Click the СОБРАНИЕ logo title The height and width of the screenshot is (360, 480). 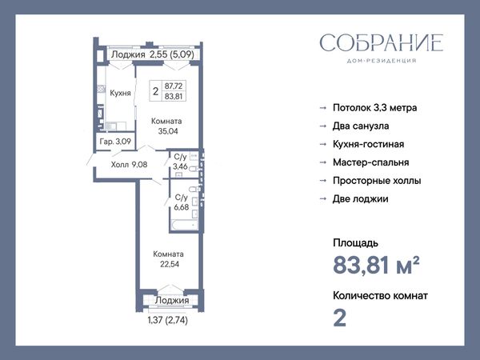click(x=382, y=43)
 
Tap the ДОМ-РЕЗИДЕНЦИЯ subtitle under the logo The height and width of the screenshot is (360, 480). click(x=382, y=61)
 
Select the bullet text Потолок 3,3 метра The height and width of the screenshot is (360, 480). click(x=374, y=108)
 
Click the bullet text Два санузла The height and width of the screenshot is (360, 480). click(x=361, y=126)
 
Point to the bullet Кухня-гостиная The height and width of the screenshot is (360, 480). click(x=369, y=144)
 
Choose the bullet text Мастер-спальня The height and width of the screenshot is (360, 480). click(x=371, y=162)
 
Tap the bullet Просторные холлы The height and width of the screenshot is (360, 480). click(x=377, y=181)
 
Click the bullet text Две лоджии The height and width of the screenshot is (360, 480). click(x=361, y=198)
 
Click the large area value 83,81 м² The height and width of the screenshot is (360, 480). click(x=376, y=265)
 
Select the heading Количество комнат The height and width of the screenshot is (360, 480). click(x=380, y=296)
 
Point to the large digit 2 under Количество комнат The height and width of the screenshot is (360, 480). click(x=339, y=318)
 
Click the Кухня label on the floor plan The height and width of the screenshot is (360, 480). click(x=120, y=93)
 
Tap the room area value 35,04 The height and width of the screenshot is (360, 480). click(x=168, y=131)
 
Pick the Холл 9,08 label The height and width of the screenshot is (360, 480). click(x=129, y=165)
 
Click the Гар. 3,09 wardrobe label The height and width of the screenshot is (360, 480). click(x=115, y=142)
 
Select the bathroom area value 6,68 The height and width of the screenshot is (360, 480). click(x=182, y=207)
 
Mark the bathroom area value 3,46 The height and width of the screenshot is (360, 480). click(x=180, y=167)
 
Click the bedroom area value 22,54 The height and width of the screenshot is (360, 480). click(x=170, y=264)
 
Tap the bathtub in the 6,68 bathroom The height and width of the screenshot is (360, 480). click(x=185, y=225)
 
